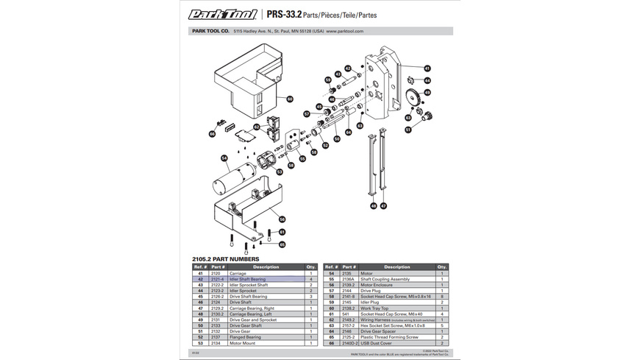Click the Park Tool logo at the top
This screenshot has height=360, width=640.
tap(221, 14)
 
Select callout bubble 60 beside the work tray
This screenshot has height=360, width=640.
tap(289, 99)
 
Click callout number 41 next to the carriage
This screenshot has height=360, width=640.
tap(427, 68)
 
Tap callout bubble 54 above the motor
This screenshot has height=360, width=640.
tap(224, 157)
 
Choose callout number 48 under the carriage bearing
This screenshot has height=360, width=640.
tap(374, 205)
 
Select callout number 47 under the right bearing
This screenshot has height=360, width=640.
tap(383, 205)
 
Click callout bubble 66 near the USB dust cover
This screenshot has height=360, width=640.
tap(212, 134)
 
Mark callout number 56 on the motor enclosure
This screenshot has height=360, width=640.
tap(282, 219)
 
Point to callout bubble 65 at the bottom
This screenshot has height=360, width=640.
tap(282, 244)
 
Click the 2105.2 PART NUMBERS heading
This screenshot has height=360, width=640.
tap(225, 259)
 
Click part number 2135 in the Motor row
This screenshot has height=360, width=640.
tap(349, 273)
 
